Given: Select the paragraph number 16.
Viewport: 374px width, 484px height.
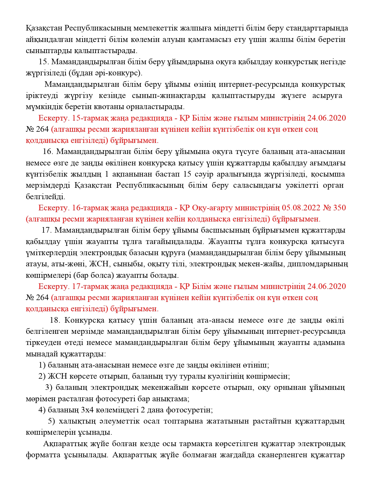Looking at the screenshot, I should pyautogui.click(x=48, y=152).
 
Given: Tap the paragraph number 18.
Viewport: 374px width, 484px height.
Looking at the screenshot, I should pyautogui.click(x=55, y=320).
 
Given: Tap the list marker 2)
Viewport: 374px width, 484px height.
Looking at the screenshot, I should pyautogui.click(x=42, y=376).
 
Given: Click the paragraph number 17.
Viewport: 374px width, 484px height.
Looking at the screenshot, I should pyautogui.click(x=46, y=230).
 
